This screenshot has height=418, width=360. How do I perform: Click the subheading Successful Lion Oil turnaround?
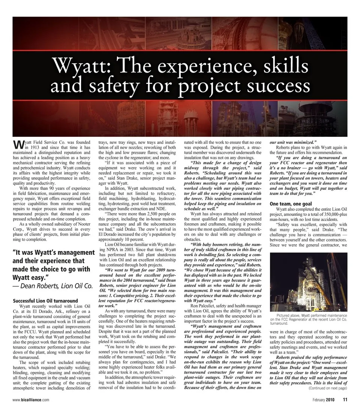click(45, 301)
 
